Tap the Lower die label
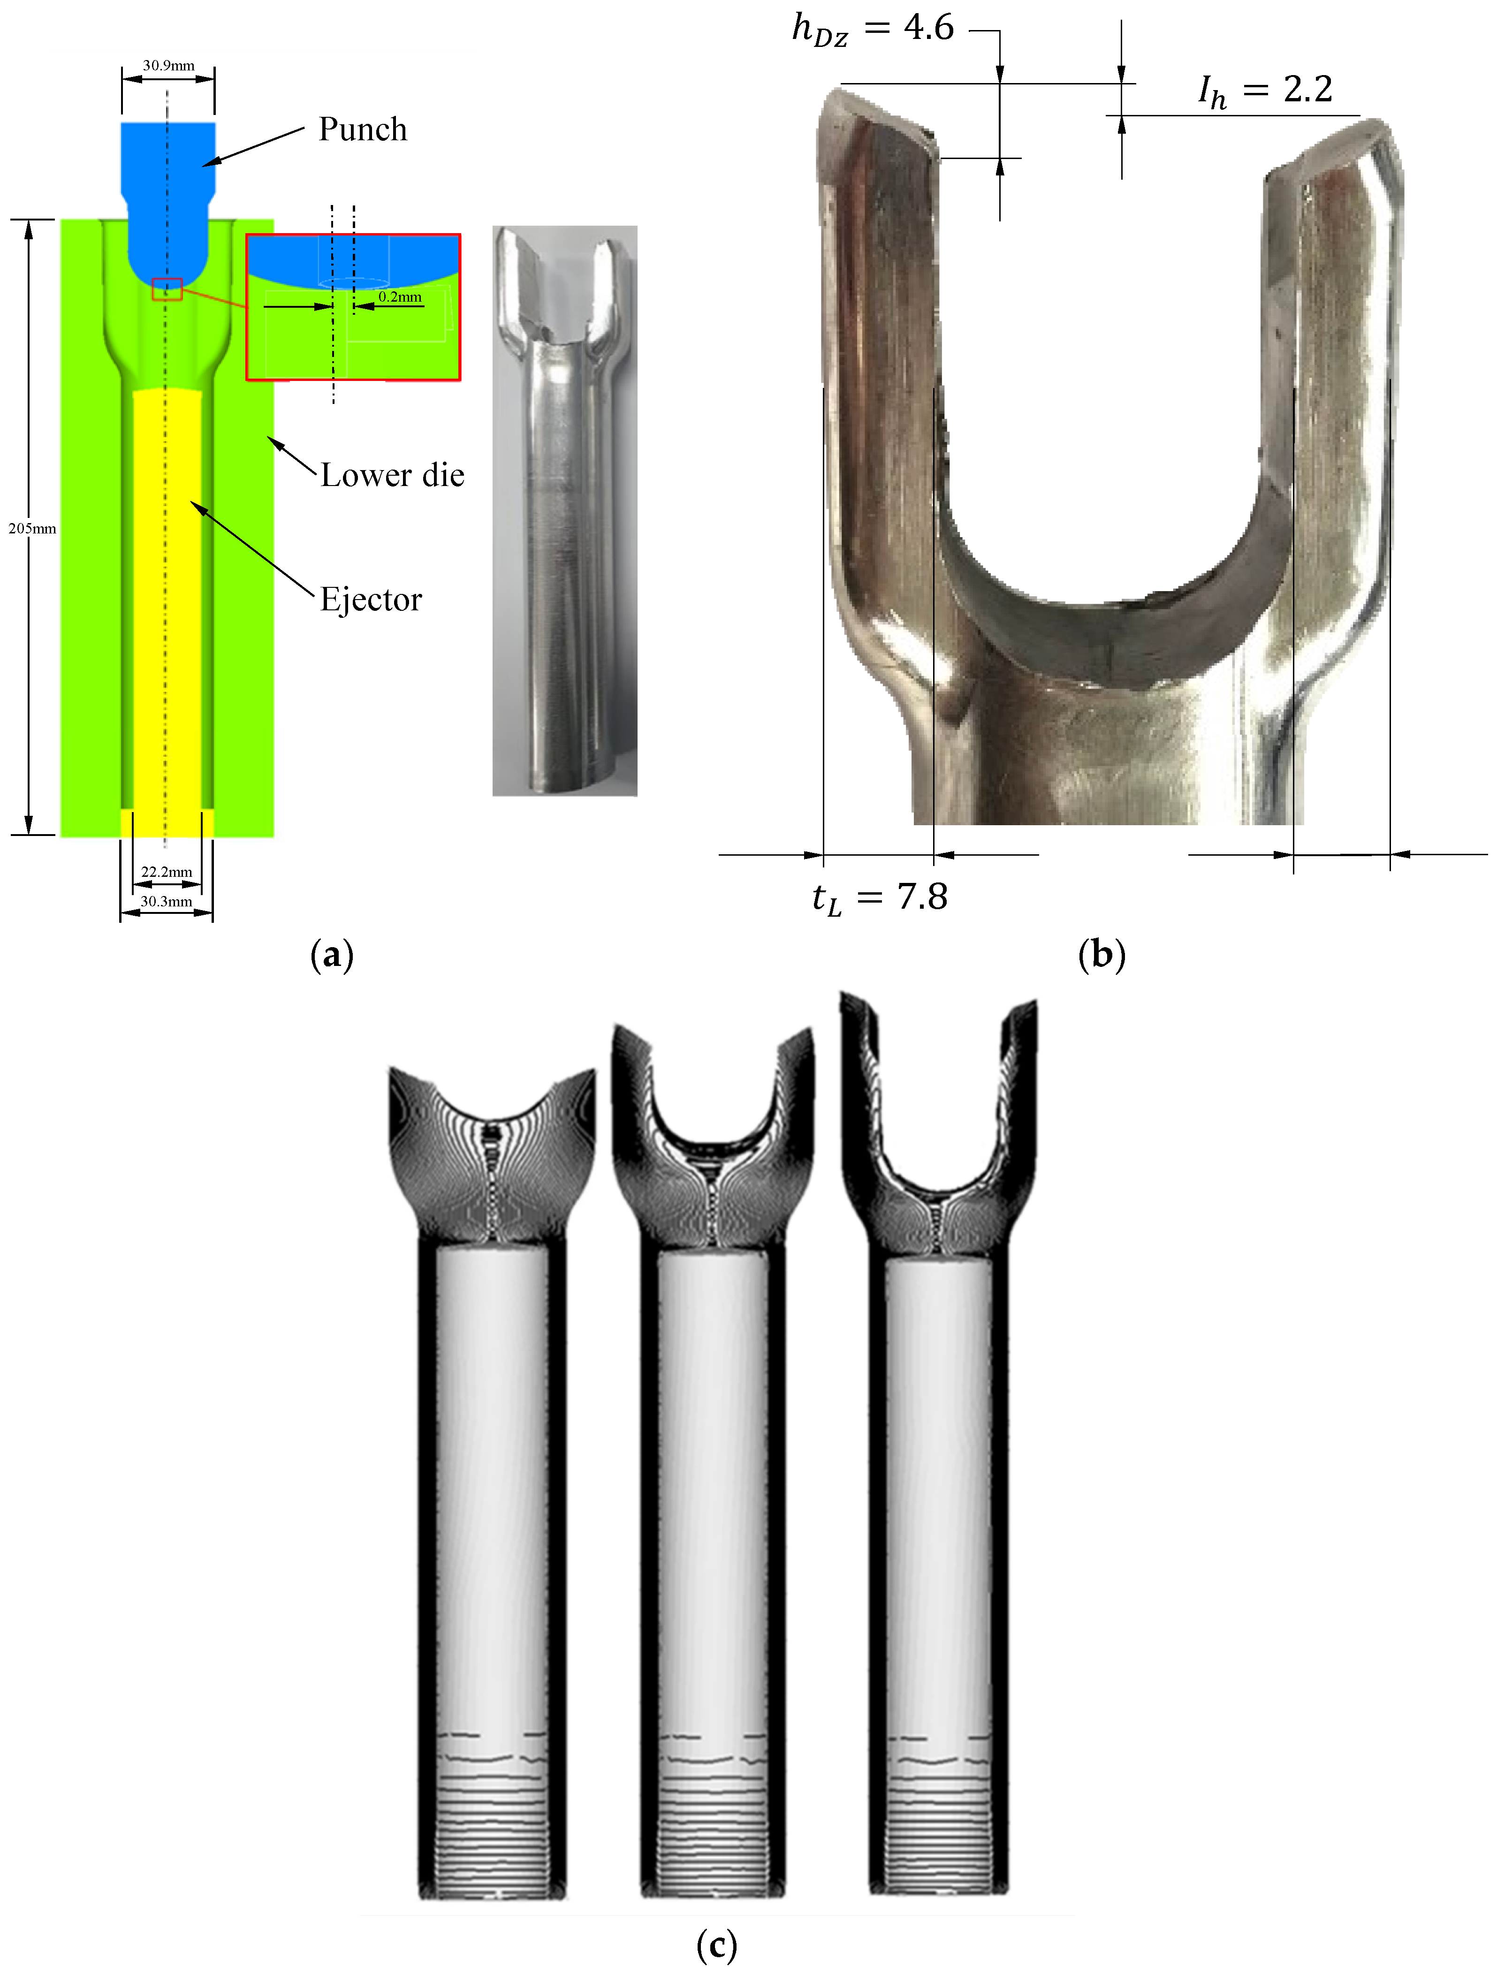click(x=392, y=475)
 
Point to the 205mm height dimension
click(x=32, y=528)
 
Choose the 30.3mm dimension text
click(x=167, y=902)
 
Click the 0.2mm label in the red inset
click(x=400, y=296)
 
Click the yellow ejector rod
click(x=167, y=606)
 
